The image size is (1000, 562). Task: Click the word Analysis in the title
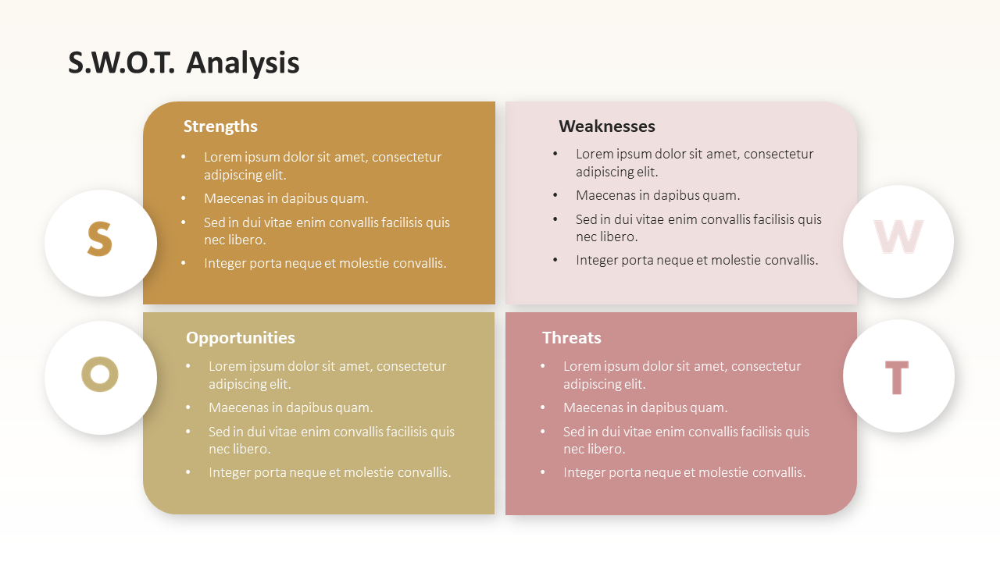[x=243, y=63]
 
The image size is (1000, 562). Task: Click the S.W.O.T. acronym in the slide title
[x=121, y=62]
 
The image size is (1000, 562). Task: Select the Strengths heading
[x=220, y=126]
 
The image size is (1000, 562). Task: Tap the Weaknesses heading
[x=607, y=126]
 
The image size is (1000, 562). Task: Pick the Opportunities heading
[x=240, y=338]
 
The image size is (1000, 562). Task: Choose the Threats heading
[x=571, y=338]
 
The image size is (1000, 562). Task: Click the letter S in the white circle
[x=99, y=239]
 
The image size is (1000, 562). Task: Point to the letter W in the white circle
[x=898, y=237]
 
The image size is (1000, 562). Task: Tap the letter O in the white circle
[x=100, y=374]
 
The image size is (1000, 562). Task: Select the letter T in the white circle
[x=897, y=378]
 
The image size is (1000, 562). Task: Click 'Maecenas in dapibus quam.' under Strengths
[x=286, y=198]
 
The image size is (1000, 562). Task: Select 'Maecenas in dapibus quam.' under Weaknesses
[x=658, y=195]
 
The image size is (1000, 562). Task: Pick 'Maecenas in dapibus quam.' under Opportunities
[x=291, y=407]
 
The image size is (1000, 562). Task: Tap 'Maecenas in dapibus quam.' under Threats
[x=645, y=407]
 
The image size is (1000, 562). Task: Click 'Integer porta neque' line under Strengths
[x=325, y=263]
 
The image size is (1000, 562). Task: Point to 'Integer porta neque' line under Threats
[x=684, y=472]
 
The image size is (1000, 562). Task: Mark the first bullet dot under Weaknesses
[x=555, y=154]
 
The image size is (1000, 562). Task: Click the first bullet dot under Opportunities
[x=188, y=366]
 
